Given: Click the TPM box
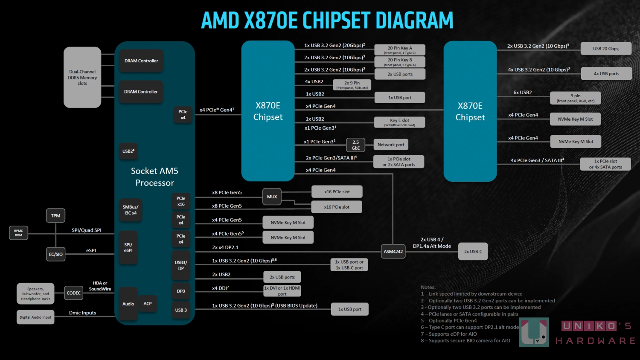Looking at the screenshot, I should point(55,215).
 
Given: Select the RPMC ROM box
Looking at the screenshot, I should point(18,233).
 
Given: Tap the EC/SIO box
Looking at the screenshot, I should point(55,254).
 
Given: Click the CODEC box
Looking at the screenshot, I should point(73,293).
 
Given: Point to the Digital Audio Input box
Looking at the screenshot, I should point(35,317).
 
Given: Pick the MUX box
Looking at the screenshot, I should point(272,197).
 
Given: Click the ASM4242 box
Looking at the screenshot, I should point(393,251).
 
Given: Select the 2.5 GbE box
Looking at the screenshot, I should point(355,145).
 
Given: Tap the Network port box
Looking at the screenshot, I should point(391,145).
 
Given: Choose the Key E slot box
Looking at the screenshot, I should point(399,122).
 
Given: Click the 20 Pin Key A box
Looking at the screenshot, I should point(399,50).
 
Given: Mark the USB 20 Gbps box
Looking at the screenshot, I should point(606,49).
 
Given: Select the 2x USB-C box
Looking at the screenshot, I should point(473,251).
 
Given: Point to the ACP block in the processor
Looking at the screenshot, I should point(148,304).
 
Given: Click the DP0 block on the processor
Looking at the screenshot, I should point(181,291).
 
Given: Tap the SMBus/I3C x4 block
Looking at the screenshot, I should point(130,210).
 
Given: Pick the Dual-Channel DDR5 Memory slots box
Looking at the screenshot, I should point(82,77).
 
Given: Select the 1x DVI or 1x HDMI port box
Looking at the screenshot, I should point(282,291).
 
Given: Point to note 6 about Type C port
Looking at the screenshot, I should point(470,327).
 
